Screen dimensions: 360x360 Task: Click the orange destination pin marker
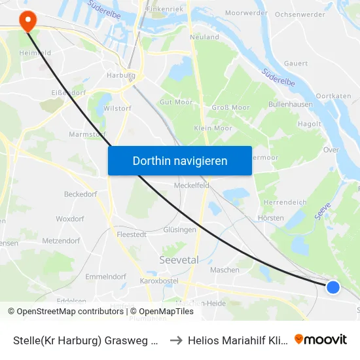coord(28,22)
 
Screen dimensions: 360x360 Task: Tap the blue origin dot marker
coord(333,287)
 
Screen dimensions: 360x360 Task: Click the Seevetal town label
coord(179,260)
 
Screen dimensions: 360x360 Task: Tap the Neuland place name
coord(204,37)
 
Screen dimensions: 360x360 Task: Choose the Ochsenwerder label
coord(300,14)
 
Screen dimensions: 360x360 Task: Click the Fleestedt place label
coord(130,233)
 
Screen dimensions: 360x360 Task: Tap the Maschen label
coord(224,270)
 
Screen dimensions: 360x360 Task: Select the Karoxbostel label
coord(159,281)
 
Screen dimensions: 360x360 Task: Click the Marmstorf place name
coord(87,134)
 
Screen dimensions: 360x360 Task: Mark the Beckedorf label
coord(81,194)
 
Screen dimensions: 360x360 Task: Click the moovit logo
coord(321,340)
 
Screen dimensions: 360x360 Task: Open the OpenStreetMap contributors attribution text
coord(67,312)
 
